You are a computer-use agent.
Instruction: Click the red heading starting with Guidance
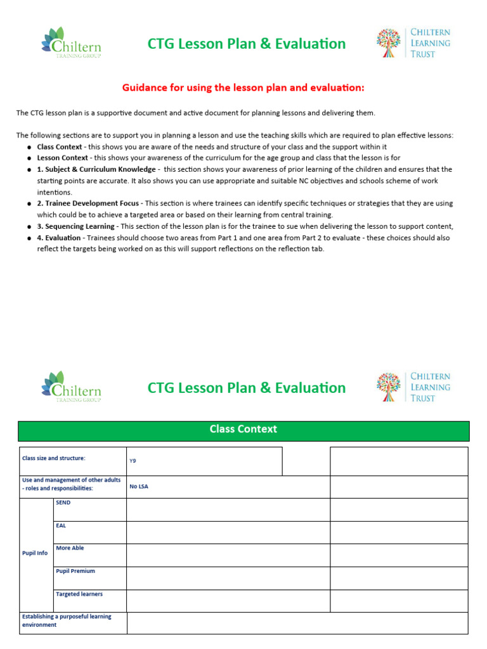(x=243, y=87)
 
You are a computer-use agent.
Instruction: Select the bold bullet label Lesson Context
(x=62, y=158)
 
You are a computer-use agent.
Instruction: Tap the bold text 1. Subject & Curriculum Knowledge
(x=96, y=169)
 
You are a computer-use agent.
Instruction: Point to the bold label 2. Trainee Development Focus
(x=89, y=203)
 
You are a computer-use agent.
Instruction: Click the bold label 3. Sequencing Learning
(x=75, y=226)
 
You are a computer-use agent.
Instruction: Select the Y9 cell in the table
(x=133, y=461)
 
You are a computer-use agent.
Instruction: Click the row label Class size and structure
(x=53, y=458)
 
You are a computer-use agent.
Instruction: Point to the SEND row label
(x=63, y=503)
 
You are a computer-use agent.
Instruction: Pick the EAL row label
(x=61, y=525)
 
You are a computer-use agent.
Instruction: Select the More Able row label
(x=70, y=548)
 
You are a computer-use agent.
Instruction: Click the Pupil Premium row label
(x=75, y=571)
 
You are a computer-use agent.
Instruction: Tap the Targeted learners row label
(x=79, y=594)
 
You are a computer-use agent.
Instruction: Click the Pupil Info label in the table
(x=35, y=553)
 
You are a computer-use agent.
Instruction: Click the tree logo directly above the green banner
(x=388, y=387)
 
